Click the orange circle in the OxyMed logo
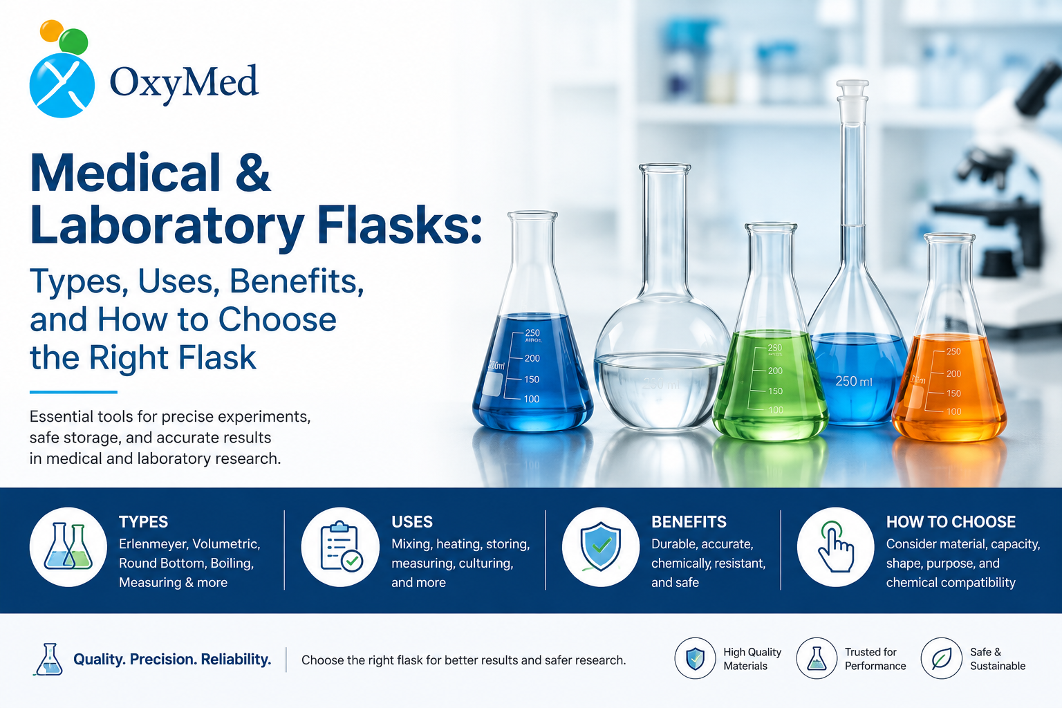coord(52,30)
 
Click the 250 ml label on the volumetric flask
coord(854,381)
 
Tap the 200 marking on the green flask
coord(775,371)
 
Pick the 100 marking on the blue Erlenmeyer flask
coord(532,400)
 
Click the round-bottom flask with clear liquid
coord(662,298)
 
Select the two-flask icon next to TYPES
coord(68,547)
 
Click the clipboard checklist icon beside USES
coord(341,547)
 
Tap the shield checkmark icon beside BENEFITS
coord(601,547)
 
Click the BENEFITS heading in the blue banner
coord(689,521)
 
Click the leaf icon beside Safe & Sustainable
coord(941,658)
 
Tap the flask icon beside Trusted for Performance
coord(817,658)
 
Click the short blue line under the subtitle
coord(73,392)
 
